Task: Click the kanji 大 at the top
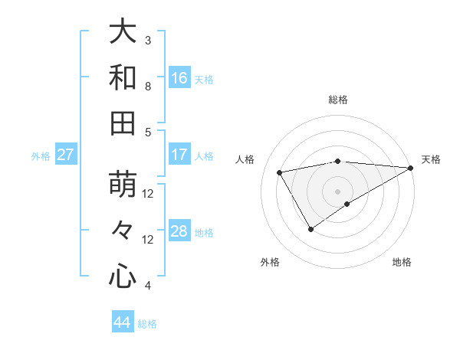tap(122, 31)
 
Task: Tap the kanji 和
tap(122, 77)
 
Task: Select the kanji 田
tap(122, 123)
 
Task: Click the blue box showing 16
tap(179, 77)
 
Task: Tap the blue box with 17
tap(179, 155)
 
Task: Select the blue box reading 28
tap(179, 232)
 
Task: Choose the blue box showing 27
tap(65, 155)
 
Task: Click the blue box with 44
tap(123, 322)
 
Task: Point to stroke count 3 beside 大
tap(148, 40)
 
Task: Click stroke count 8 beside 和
tap(148, 86)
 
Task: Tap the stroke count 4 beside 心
tap(148, 286)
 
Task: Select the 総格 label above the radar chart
tap(337, 100)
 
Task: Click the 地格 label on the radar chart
tap(402, 262)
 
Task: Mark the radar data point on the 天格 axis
tap(411, 168)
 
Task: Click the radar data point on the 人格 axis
tap(280, 172)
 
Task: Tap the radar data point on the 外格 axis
tap(310, 229)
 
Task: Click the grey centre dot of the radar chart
tap(337, 191)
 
